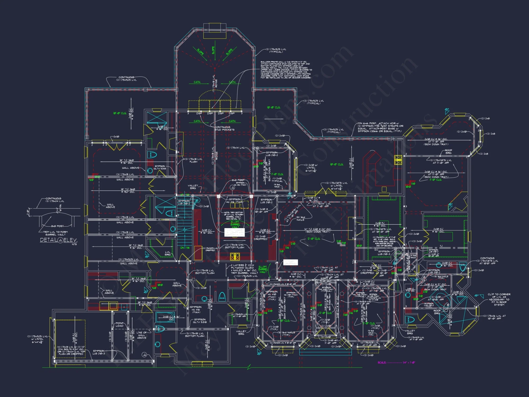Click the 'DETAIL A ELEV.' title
click(58, 240)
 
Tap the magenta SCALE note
click(396, 363)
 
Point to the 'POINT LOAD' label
click(119, 324)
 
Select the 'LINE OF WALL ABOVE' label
click(142, 335)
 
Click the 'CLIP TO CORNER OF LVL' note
click(499, 299)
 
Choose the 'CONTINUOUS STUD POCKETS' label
click(224, 128)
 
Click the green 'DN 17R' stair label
click(185, 248)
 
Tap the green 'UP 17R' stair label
click(185, 195)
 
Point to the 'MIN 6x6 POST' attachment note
click(380, 127)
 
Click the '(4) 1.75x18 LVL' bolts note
click(71, 350)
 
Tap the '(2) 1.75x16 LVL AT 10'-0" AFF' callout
click(494, 317)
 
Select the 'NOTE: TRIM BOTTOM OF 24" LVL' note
click(234, 216)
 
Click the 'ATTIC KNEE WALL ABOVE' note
click(384, 241)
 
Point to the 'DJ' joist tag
click(376, 250)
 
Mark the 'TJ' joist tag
click(441, 246)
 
